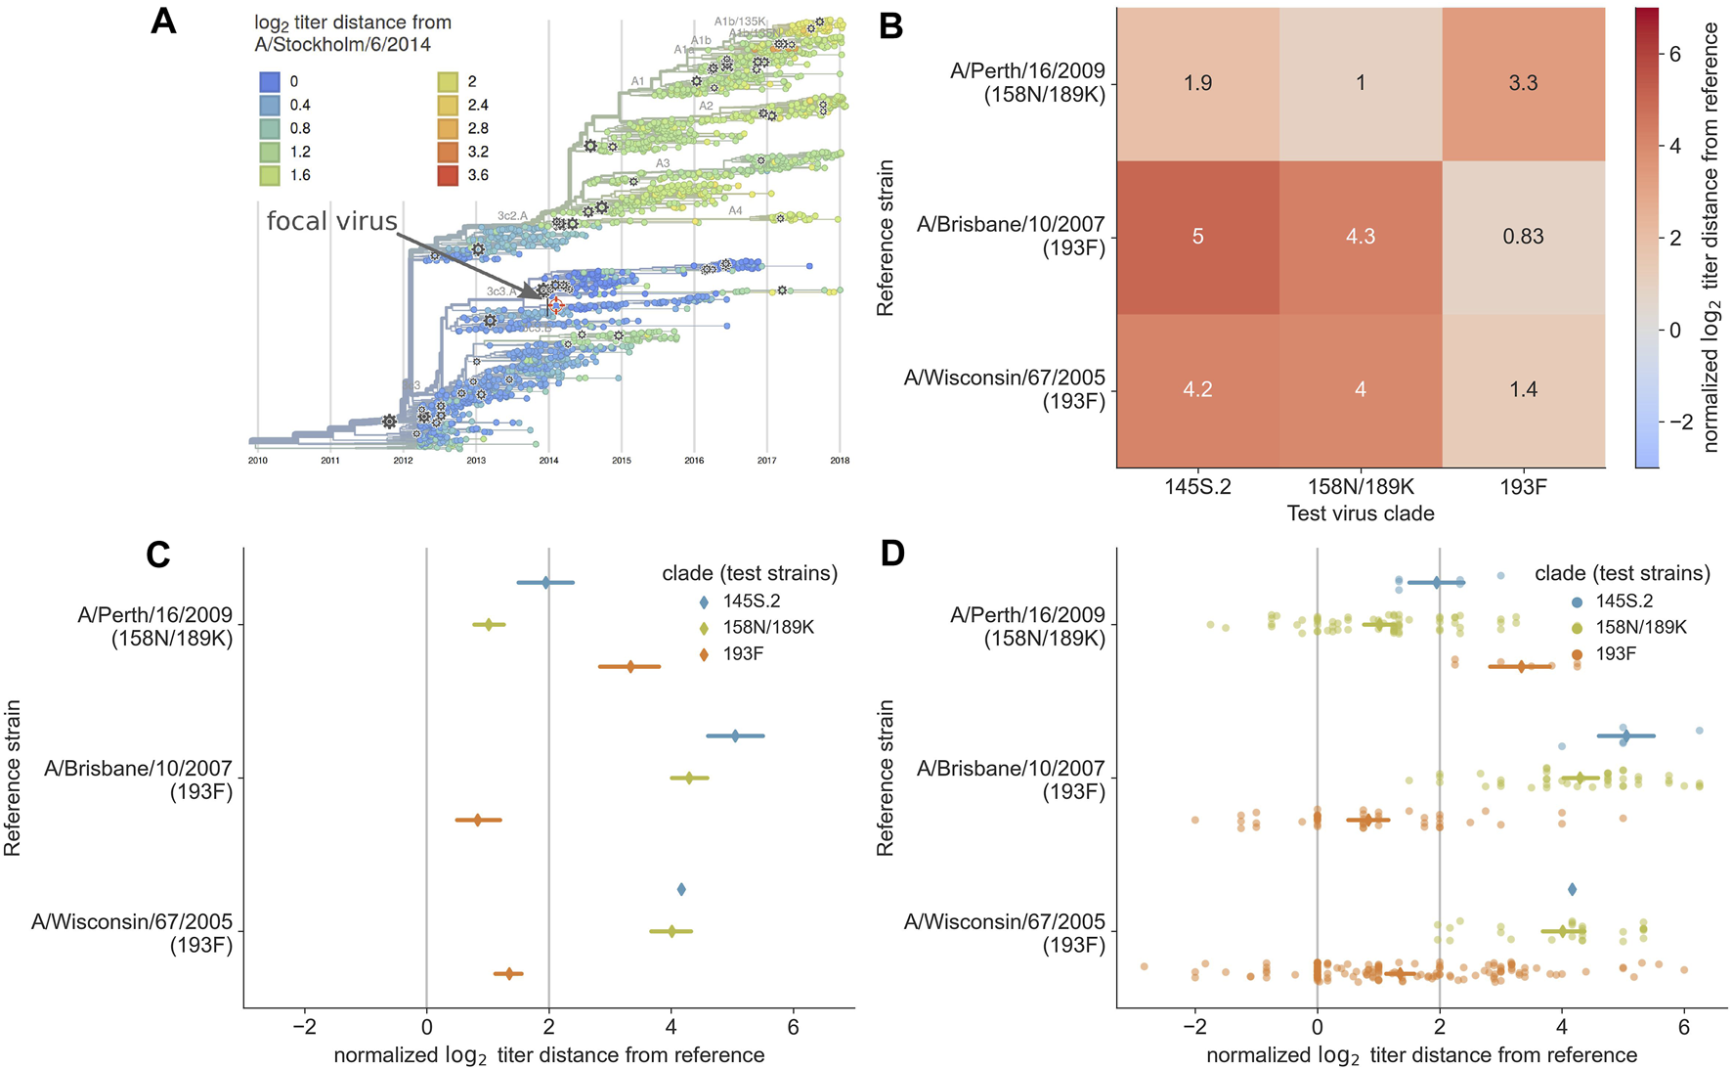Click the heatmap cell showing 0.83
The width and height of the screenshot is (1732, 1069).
coord(1523,237)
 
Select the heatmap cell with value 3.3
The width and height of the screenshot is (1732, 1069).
coord(1523,83)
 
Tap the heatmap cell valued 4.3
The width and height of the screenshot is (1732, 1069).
coord(1361,237)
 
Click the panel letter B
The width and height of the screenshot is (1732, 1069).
coord(890,26)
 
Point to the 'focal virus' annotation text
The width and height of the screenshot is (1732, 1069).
coord(331,221)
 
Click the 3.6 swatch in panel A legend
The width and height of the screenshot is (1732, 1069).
coord(447,176)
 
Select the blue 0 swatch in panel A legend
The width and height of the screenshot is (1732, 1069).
coord(270,82)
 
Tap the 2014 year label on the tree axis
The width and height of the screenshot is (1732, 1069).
coord(548,461)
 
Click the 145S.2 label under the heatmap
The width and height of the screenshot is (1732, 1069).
coord(1197,486)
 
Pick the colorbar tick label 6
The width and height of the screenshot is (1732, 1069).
coord(1674,54)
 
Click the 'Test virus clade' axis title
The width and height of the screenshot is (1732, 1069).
coord(1361,513)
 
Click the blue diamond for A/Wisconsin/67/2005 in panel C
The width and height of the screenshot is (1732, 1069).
coord(681,889)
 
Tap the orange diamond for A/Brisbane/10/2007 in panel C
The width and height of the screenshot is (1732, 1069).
coord(477,820)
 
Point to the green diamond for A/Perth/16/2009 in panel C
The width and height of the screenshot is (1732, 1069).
coord(489,624)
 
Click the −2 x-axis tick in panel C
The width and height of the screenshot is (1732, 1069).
coord(304,1027)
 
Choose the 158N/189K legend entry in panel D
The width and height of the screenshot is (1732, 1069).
coord(1641,627)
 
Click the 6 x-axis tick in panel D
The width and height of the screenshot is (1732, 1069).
coord(1683,1027)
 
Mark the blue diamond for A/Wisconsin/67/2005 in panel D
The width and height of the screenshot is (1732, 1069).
coord(1572,889)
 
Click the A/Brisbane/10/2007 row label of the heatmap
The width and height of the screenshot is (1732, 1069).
coord(1010,236)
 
